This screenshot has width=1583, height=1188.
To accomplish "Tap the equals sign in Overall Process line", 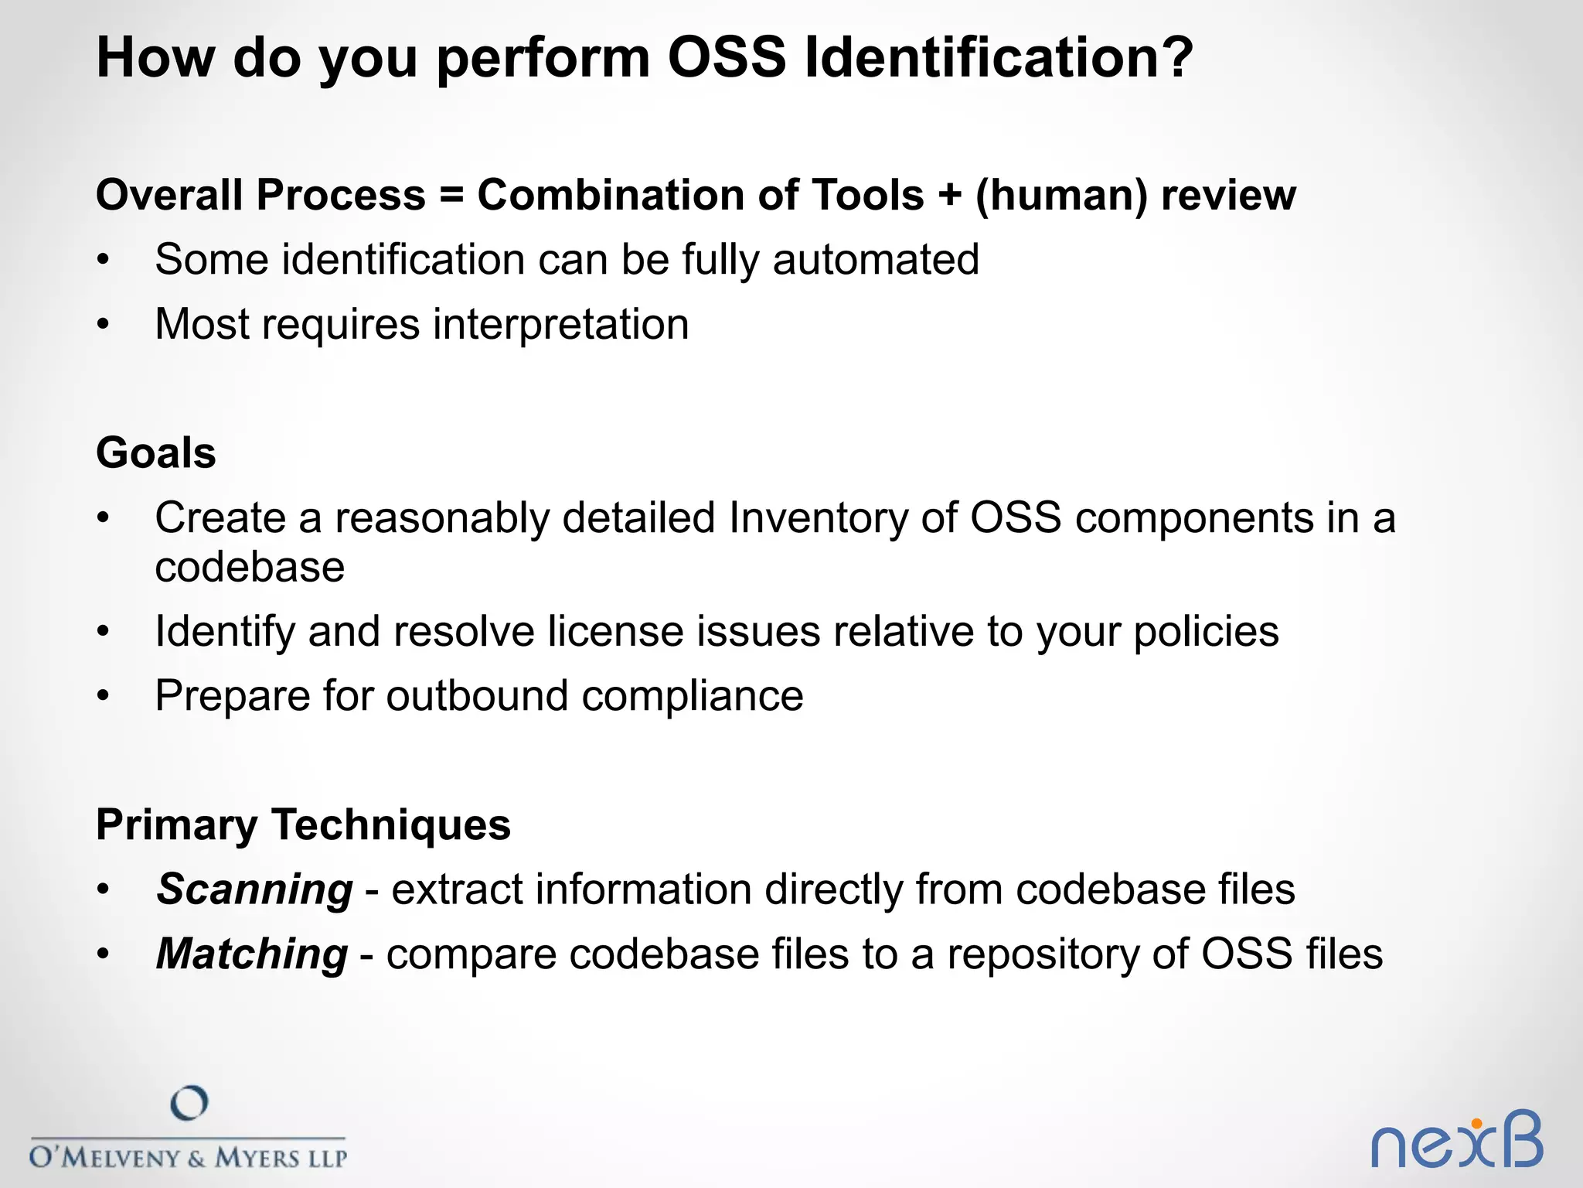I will tap(451, 195).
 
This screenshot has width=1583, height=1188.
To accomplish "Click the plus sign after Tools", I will tap(949, 195).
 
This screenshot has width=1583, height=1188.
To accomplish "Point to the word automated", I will tap(876, 259).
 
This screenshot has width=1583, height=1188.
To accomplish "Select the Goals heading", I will tap(156, 452).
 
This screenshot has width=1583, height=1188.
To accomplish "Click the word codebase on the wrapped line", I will tap(250, 567).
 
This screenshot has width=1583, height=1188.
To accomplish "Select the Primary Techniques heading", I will tap(303, 824).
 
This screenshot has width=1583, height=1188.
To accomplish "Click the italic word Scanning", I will tap(254, 889).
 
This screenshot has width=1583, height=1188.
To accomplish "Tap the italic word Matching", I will tap(252, 954).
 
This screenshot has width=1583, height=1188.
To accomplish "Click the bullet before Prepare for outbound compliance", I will tap(104, 696).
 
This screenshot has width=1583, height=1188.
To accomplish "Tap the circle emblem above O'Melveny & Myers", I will tap(189, 1103).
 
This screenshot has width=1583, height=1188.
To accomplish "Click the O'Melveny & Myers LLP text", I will tap(188, 1157).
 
